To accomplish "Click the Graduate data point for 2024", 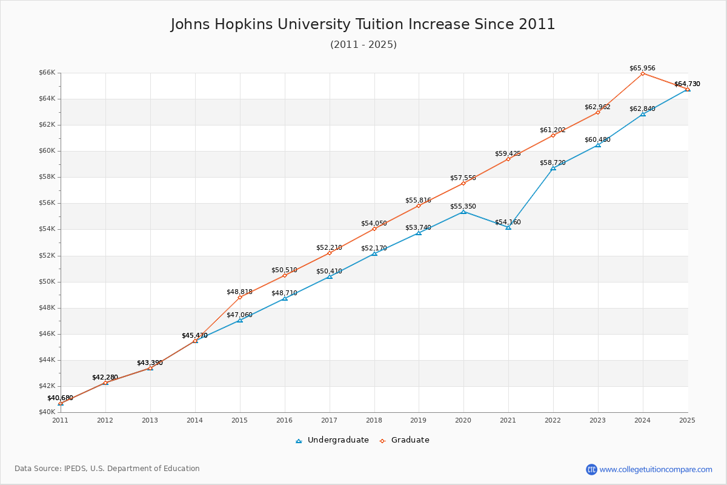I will click(643, 73).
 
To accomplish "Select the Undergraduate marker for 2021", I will click(508, 227).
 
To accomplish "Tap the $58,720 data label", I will click(553, 163).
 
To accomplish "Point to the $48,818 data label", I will click(239, 292).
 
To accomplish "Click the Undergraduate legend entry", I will click(332, 440).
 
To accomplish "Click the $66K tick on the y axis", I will click(47, 73).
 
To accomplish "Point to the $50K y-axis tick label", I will click(47, 282).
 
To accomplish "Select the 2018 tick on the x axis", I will click(374, 420).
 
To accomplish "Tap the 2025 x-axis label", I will click(687, 420).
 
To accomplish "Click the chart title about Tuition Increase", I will click(363, 24).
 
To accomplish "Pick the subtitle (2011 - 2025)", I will click(363, 44).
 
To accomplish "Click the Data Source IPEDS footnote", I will click(107, 469).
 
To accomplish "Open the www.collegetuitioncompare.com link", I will click(656, 469).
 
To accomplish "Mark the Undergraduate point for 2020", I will click(463, 212).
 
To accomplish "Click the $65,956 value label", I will click(642, 69).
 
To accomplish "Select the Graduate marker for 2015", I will click(240, 297).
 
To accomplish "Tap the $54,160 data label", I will click(508, 222).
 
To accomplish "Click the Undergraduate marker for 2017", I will click(330, 276).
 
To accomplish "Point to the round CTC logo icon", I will click(591, 469).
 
